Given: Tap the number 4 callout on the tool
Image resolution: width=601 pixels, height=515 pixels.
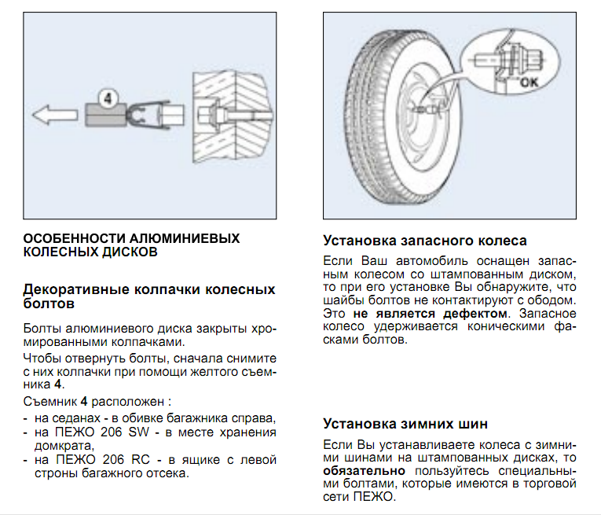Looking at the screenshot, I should (109, 97).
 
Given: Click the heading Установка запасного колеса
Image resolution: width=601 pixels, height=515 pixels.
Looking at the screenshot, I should (425, 241).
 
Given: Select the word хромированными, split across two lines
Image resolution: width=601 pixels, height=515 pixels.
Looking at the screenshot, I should (259, 326).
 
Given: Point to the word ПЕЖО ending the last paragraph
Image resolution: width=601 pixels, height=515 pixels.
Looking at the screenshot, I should (379, 498).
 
